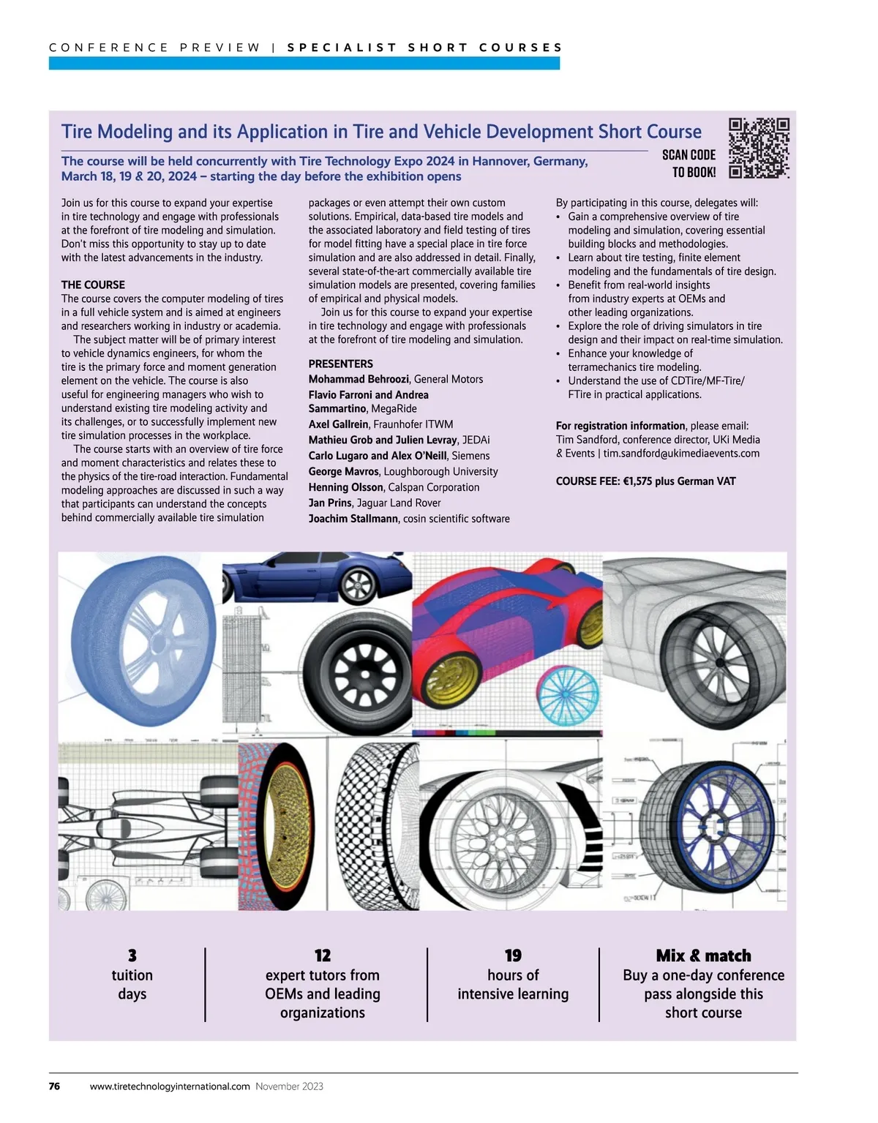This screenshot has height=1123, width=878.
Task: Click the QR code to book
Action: pyautogui.click(x=759, y=148)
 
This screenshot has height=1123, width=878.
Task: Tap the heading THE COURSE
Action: pyautogui.click(x=93, y=285)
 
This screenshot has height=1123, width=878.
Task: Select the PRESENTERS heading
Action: pyautogui.click(x=340, y=364)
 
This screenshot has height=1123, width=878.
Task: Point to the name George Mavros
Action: pyautogui.click(x=344, y=472)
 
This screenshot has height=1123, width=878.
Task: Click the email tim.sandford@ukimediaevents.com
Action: pyautogui.click(x=681, y=454)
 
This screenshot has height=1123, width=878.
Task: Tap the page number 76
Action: pyautogui.click(x=54, y=1086)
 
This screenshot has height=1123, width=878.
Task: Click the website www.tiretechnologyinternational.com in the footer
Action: pyautogui.click(x=170, y=1086)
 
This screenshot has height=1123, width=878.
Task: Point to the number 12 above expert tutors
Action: pyautogui.click(x=323, y=955)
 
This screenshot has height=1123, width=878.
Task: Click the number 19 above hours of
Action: pyautogui.click(x=513, y=955)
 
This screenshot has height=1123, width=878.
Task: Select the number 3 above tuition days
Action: pyautogui.click(x=132, y=955)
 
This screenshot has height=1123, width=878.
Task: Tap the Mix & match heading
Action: pyautogui.click(x=703, y=955)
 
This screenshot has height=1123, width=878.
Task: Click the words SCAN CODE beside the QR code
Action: pyautogui.click(x=688, y=155)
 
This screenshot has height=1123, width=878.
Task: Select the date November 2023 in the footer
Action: pyautogui.click(x=290, y=1086)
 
